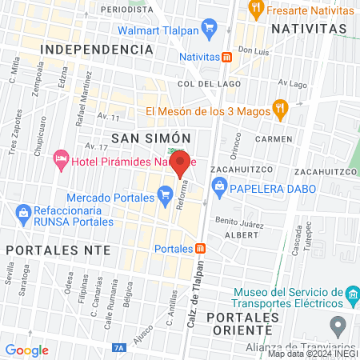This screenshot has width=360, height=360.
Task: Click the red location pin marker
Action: tap(181, 166)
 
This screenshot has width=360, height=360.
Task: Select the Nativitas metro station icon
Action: tap(227, 57)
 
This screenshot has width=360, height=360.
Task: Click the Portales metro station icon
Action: tap(201, 248)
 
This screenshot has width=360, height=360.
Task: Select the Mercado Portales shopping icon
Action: tap(165, 193)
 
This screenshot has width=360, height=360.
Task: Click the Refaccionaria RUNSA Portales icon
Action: tap(22, 212)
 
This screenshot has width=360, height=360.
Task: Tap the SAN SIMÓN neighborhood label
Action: tap(143, 138)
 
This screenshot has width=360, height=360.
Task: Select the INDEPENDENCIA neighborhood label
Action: tap(95, 50)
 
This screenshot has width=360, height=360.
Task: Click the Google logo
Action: tap(27, 350)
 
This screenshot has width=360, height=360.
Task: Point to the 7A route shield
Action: tap(119, 349)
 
